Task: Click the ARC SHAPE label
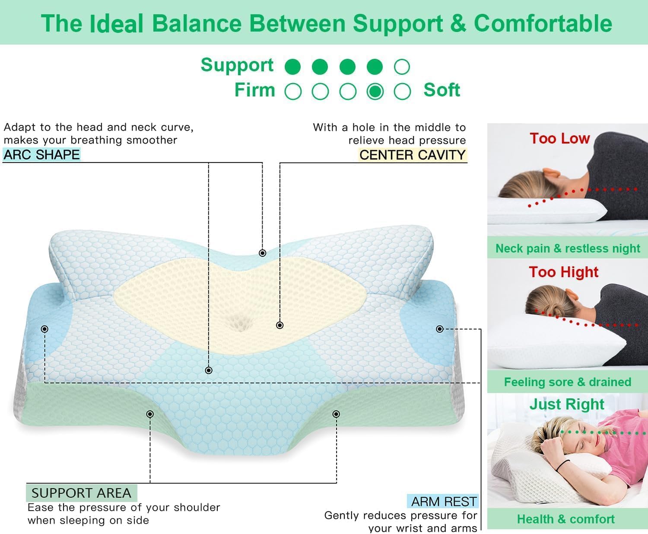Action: (41, 154)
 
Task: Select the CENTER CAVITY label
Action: (412, 155)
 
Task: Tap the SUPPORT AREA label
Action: (81, 493)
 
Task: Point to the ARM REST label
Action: (444, 502)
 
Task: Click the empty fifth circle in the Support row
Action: (402, 67)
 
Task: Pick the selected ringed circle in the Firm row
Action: (375, 91)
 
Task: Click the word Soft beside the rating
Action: (442, 90)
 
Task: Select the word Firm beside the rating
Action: (254, 90)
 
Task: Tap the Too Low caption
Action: (559, 138)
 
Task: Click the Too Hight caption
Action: (563, 272)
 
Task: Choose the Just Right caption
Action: (567, 404)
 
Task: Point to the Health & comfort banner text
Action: (565, 519)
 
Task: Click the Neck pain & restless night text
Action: (567, 248)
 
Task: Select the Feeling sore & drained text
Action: (567, 382)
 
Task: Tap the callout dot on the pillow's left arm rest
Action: (44, 329)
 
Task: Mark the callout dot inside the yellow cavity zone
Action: (280, 325)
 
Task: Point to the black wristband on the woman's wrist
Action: (562, 466)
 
